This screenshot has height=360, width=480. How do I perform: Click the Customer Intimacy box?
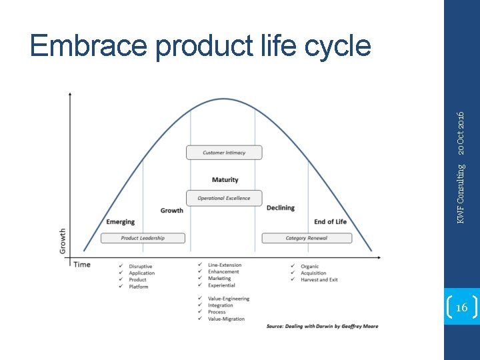[224, 153]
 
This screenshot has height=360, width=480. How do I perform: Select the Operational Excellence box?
[224, 198]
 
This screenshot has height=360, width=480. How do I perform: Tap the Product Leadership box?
[143, 238]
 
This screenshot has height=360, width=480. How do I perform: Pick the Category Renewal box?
[306, 238]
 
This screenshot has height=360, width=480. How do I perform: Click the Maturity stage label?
[225, 180]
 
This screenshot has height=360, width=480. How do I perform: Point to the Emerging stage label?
[120, 222]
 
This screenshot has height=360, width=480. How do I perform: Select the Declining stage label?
[280, 208]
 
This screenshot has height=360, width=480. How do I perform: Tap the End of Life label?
[330, 222]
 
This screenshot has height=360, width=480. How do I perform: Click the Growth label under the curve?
[171, 211]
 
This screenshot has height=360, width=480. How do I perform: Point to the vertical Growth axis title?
[63, 241]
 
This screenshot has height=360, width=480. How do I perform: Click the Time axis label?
[82, 265]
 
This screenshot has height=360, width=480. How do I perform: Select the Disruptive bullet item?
[140, 266]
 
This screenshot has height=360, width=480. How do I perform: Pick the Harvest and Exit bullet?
[319, 279]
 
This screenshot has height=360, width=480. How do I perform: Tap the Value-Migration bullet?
[226, 319]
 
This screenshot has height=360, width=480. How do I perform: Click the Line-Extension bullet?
[225, 265]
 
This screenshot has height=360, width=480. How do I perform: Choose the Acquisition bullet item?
[313, 273]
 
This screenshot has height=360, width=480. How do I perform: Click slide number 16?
[461, 307]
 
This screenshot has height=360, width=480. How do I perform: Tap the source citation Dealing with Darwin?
[322, 326]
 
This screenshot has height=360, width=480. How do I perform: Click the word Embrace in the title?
[88, 47]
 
